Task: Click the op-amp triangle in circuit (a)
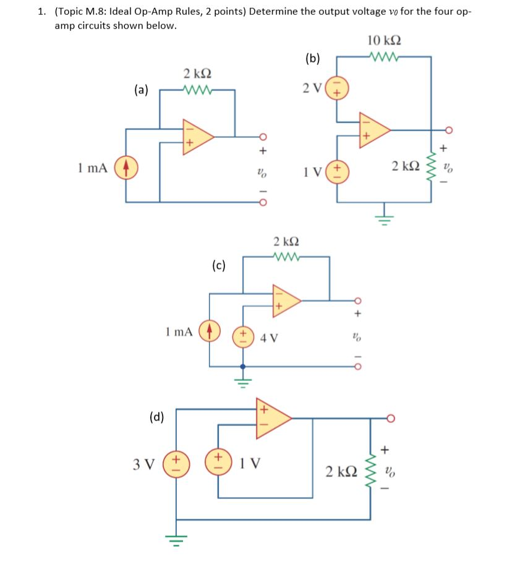point(196,136)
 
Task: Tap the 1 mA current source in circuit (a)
point(126,168)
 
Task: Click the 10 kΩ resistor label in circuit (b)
point(383,41)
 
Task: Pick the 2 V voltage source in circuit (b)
point(337,88)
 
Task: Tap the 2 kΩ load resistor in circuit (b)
point(431,166)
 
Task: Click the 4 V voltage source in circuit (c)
point(242,338)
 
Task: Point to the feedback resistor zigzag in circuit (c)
point(286,256)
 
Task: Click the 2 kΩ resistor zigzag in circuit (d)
point(370,472)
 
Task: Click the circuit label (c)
point(218,267)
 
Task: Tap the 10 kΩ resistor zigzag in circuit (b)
point(383,57)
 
